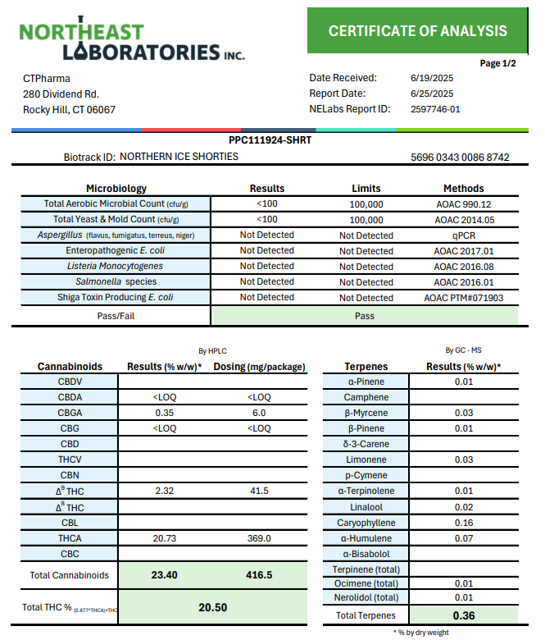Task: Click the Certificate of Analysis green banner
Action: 418,31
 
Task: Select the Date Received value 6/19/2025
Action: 431,78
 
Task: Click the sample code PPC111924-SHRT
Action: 270,140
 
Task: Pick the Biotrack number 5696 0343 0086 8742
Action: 460,157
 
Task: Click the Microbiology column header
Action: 116,188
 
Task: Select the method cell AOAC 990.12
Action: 463,204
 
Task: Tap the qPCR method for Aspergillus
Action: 463,235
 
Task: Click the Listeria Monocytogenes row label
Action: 115,267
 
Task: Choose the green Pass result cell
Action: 365,314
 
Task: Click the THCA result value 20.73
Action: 166,538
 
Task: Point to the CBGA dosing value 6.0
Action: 259,414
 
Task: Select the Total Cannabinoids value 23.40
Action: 165,575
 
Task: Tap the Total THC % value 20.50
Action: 212,608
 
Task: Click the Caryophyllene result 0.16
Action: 463,523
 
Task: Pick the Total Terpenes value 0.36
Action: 463,615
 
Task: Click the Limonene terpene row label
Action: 366,460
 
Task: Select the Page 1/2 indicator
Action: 497,64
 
